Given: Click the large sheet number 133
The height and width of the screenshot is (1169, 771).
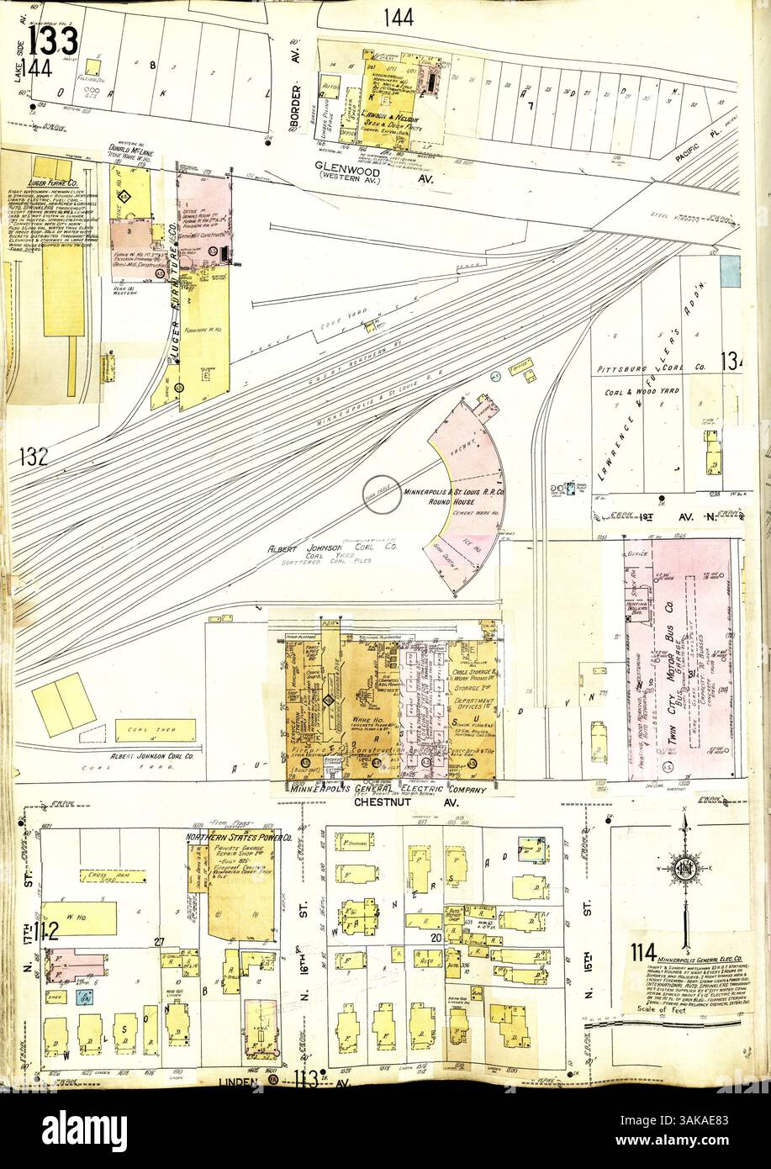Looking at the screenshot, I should tap(54, 40).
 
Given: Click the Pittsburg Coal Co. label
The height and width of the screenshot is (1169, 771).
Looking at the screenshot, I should tap(663, 368).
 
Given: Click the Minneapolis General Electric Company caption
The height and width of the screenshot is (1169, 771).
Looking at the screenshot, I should tap(388, 791).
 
